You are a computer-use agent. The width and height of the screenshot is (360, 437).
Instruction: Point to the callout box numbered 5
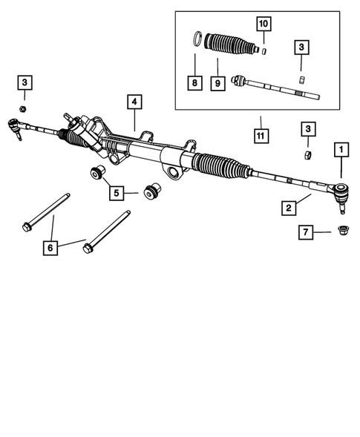tap(117, 194)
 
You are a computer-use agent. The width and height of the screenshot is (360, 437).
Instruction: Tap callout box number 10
tap(263, 24)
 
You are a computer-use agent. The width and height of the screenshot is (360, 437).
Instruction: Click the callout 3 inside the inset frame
tap(301, 47)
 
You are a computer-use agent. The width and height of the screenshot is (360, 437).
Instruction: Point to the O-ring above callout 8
tap(198, 38)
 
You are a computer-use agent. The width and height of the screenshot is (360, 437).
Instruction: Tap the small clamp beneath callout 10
tap(263, 51)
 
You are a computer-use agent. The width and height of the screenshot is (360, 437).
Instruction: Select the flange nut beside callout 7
tap(344, 231)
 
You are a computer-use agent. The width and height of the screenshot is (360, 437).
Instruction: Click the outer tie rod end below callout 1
tap(339, 194)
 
